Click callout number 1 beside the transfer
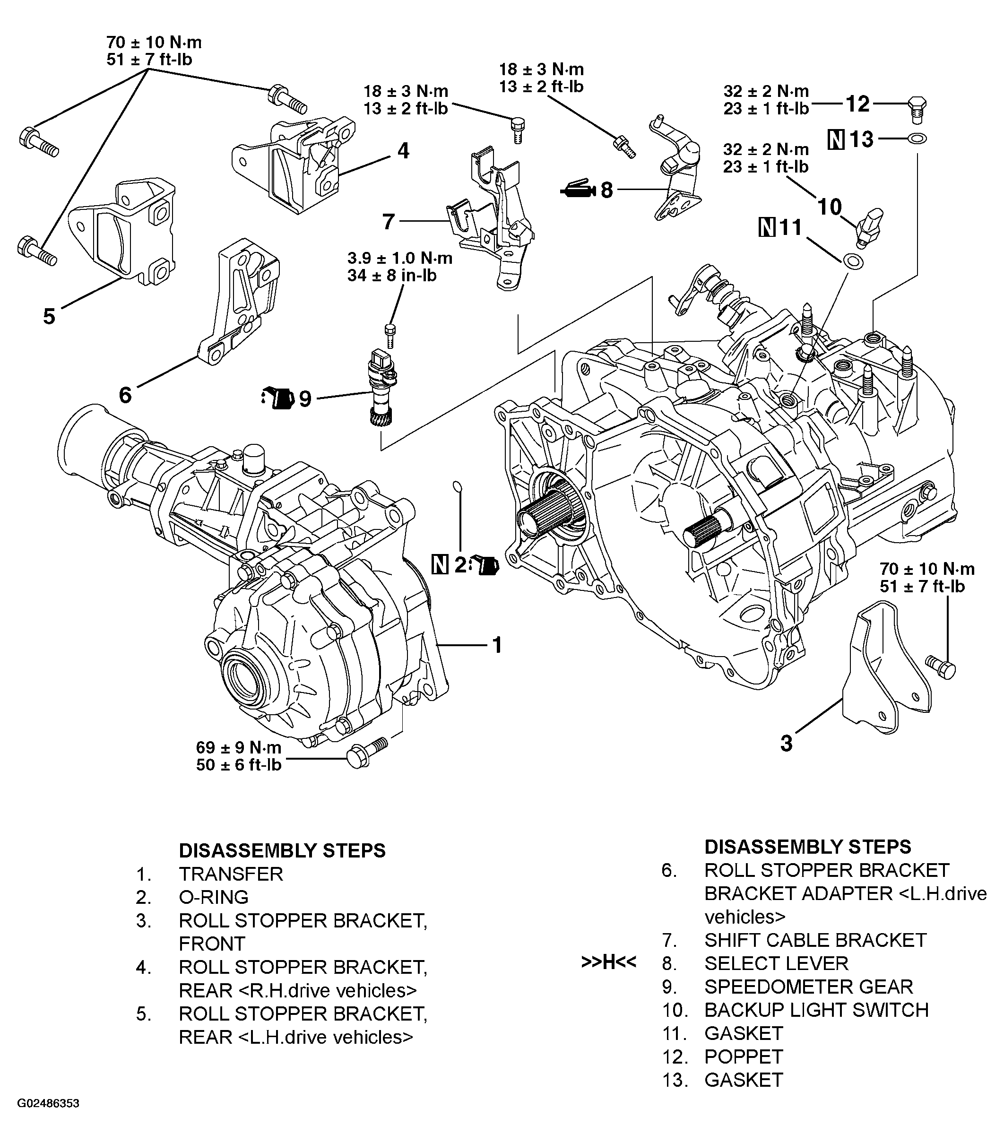point(497,645)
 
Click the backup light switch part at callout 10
point(869,226)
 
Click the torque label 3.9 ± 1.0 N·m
point(399,259)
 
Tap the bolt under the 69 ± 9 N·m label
point(366,753)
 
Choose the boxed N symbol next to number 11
point(767,227)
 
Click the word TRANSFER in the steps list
point(231,874)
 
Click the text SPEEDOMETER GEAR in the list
point(808,987)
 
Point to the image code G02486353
point(48,1103)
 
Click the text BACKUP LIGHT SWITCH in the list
point(816,1010)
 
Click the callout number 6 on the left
point(125,395)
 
